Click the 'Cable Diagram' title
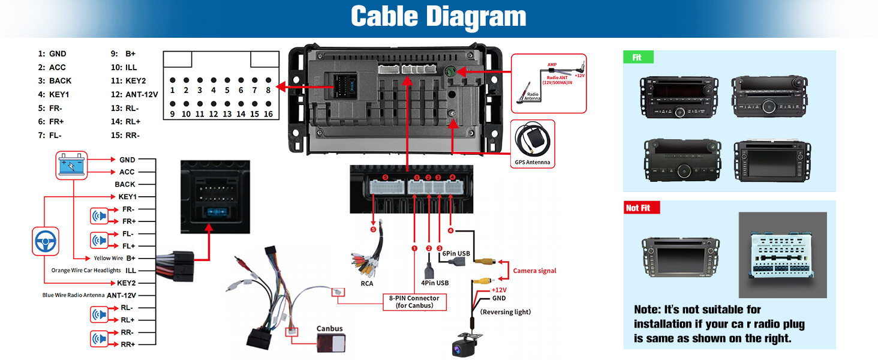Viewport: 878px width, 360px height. (438, 17)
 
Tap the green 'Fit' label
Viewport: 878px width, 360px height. (638, 58)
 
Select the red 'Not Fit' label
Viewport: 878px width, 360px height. (641, 208)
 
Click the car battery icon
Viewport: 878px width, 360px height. (72, 165)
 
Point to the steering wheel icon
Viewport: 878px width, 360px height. (46, 241)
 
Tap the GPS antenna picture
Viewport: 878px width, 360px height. (531, 141)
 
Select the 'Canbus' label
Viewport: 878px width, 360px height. (330, 328)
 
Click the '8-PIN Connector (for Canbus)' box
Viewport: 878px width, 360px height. (414, 302)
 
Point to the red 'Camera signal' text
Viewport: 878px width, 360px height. (534, 271)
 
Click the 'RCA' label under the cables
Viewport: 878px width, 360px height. (367, 283)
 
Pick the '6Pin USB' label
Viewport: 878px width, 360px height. (455, 253)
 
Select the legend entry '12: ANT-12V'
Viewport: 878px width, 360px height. (134, 94)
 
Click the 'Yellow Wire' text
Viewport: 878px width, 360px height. (108, 258)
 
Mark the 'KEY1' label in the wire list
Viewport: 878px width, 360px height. (126, 197)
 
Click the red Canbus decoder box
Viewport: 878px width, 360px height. (330, 345)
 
